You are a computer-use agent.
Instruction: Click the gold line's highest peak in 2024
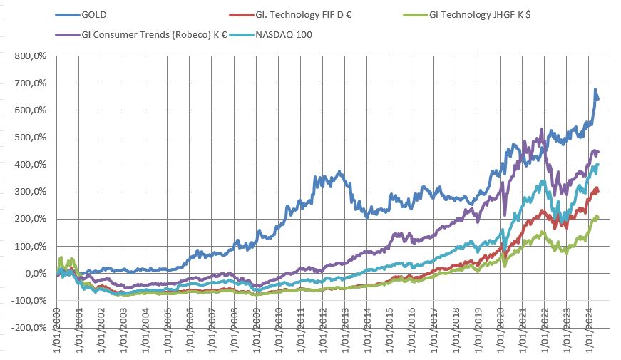[x=595, y=90]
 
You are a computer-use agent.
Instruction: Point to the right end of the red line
[x=597, y=192]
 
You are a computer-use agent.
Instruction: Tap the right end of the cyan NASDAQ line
[x=597, y=165]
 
